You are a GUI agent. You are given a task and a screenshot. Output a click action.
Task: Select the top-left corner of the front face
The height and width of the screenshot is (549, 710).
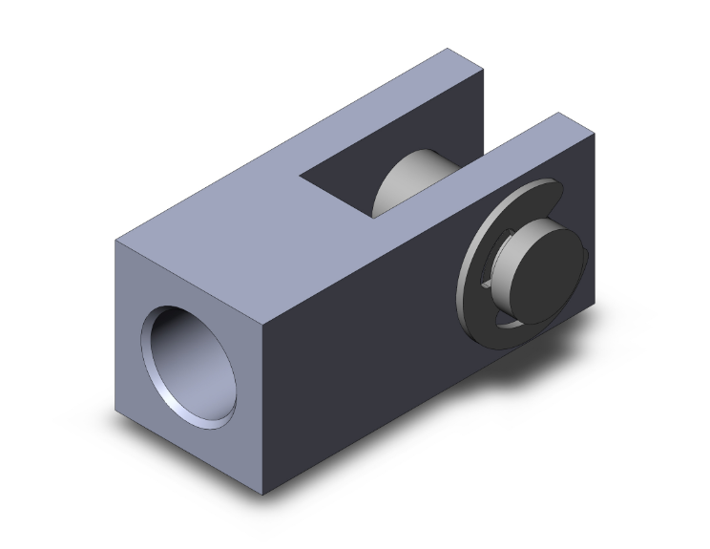[x=116, y=238]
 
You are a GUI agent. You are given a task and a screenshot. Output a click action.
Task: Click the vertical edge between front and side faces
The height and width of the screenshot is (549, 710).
[x=261, y=401]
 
